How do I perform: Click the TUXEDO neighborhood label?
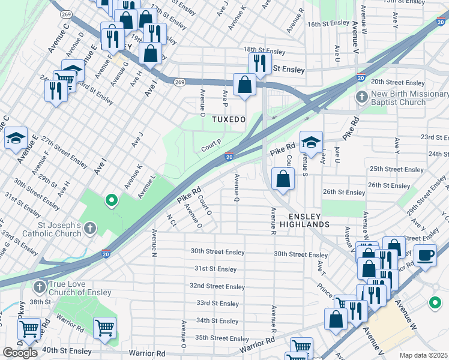click(229, 119)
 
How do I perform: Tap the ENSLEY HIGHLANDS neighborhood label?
click(309, 220)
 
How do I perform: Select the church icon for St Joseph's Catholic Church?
click(89, 227)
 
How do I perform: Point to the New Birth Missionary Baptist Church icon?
click(361, 97)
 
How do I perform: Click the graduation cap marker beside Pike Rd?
click(311, 143)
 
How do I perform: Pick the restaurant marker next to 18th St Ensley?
click(259, 62)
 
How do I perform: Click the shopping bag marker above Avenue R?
click(283, 178)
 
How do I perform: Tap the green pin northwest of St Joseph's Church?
click(110, 200)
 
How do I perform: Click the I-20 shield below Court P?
click(229, 157)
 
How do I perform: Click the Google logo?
click(20, 353)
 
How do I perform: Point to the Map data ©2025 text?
click(423, 355)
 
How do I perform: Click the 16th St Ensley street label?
click(328, 23)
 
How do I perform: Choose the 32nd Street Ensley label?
click(217, 286)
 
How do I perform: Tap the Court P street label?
click(211, 143)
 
